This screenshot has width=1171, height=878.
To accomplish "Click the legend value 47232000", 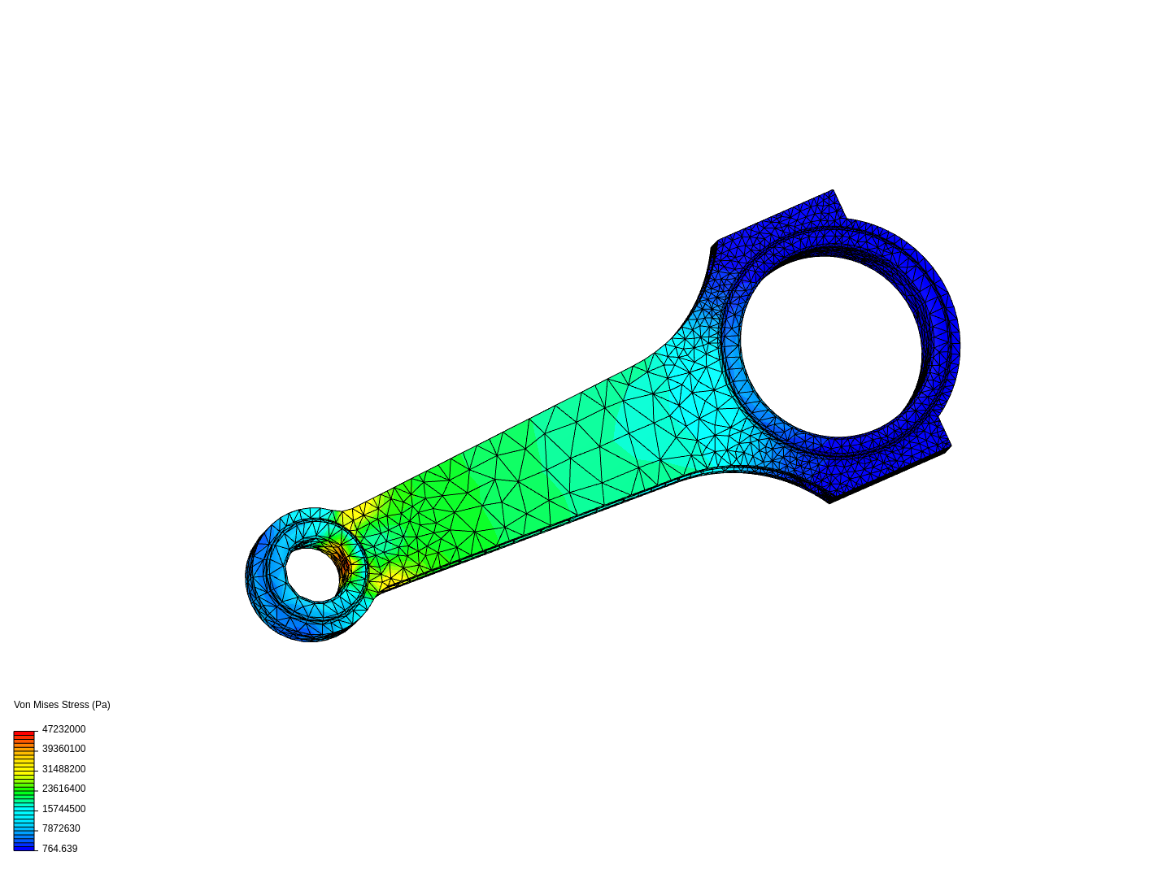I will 63,729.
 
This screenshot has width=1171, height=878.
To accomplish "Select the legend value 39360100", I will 63,749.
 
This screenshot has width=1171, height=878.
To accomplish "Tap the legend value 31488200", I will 63,769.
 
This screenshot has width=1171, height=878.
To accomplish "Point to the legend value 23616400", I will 63,789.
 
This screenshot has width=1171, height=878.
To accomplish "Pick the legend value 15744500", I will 63,809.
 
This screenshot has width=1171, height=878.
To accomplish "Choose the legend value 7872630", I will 61,828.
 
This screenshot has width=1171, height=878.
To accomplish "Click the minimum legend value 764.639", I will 59,849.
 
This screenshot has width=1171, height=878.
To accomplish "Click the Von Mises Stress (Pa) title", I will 62,705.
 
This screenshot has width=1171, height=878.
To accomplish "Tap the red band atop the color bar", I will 24,733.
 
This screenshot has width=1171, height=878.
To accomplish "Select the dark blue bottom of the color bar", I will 24,847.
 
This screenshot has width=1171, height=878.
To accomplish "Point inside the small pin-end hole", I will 311,574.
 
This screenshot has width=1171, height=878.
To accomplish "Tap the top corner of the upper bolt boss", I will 832,192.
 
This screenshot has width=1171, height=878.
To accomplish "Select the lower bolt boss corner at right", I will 948,446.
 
